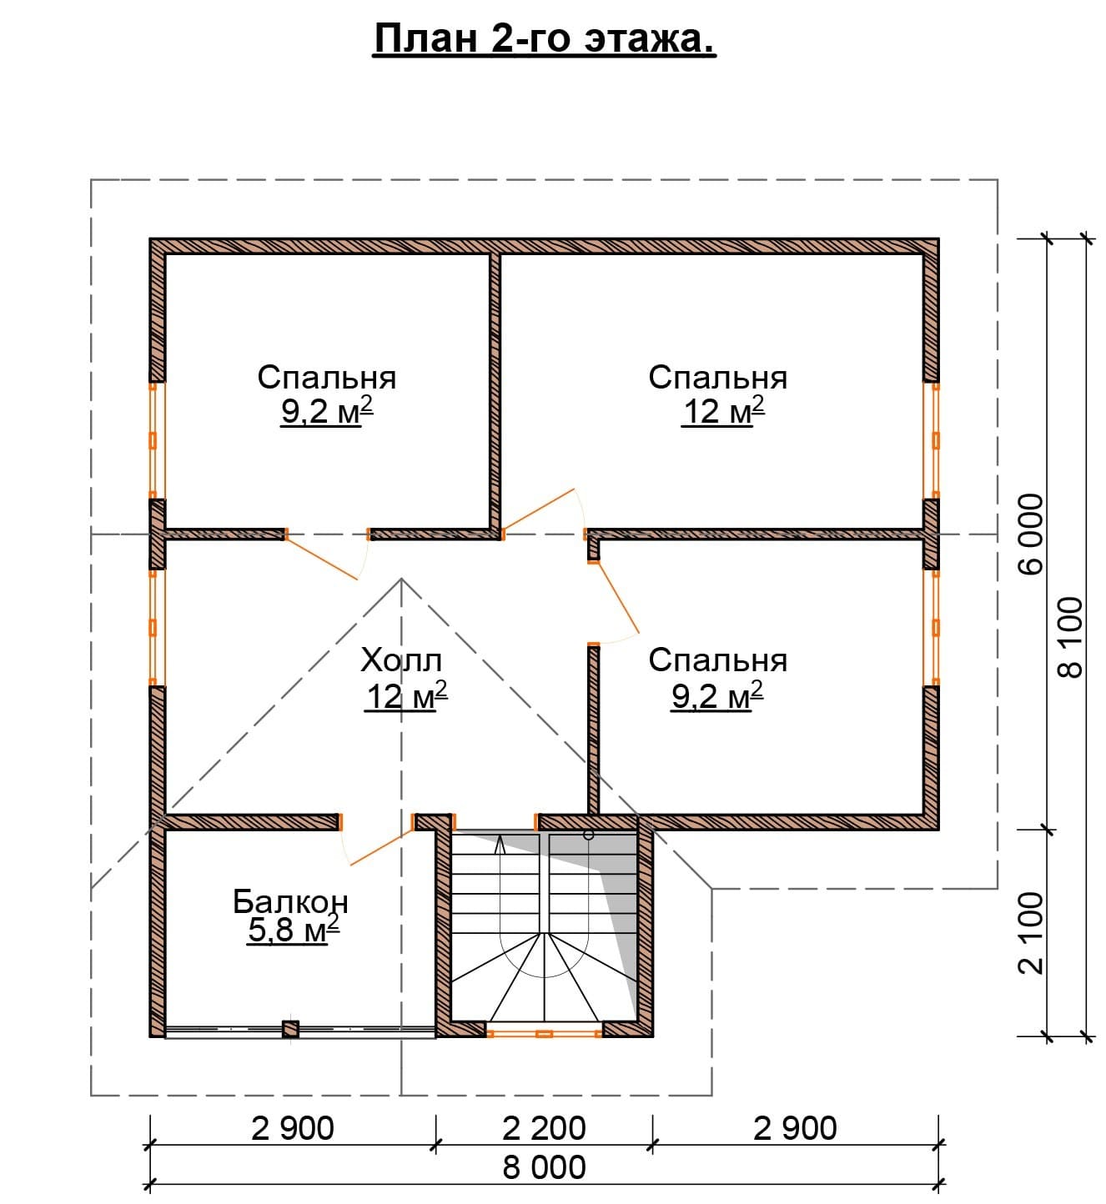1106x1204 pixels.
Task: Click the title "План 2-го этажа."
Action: point(544,40)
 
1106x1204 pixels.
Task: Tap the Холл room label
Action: point(401,660)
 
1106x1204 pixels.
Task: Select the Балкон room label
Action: point(290,901)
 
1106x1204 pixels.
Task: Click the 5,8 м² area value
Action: point(294,930)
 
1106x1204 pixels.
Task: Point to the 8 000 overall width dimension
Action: point(544,1167)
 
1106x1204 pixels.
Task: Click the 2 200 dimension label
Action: point(543,1128)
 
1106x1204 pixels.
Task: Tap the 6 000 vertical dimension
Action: point(1032,534)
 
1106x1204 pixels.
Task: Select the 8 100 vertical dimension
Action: point(1071,637)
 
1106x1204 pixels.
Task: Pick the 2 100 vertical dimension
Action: point(1032,933)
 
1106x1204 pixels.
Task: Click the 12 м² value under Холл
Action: point(406,696)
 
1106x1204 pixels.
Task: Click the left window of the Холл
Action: point(153,628)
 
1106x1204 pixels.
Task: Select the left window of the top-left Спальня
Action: point(153,440)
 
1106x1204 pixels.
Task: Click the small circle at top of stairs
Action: point(588,835)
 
